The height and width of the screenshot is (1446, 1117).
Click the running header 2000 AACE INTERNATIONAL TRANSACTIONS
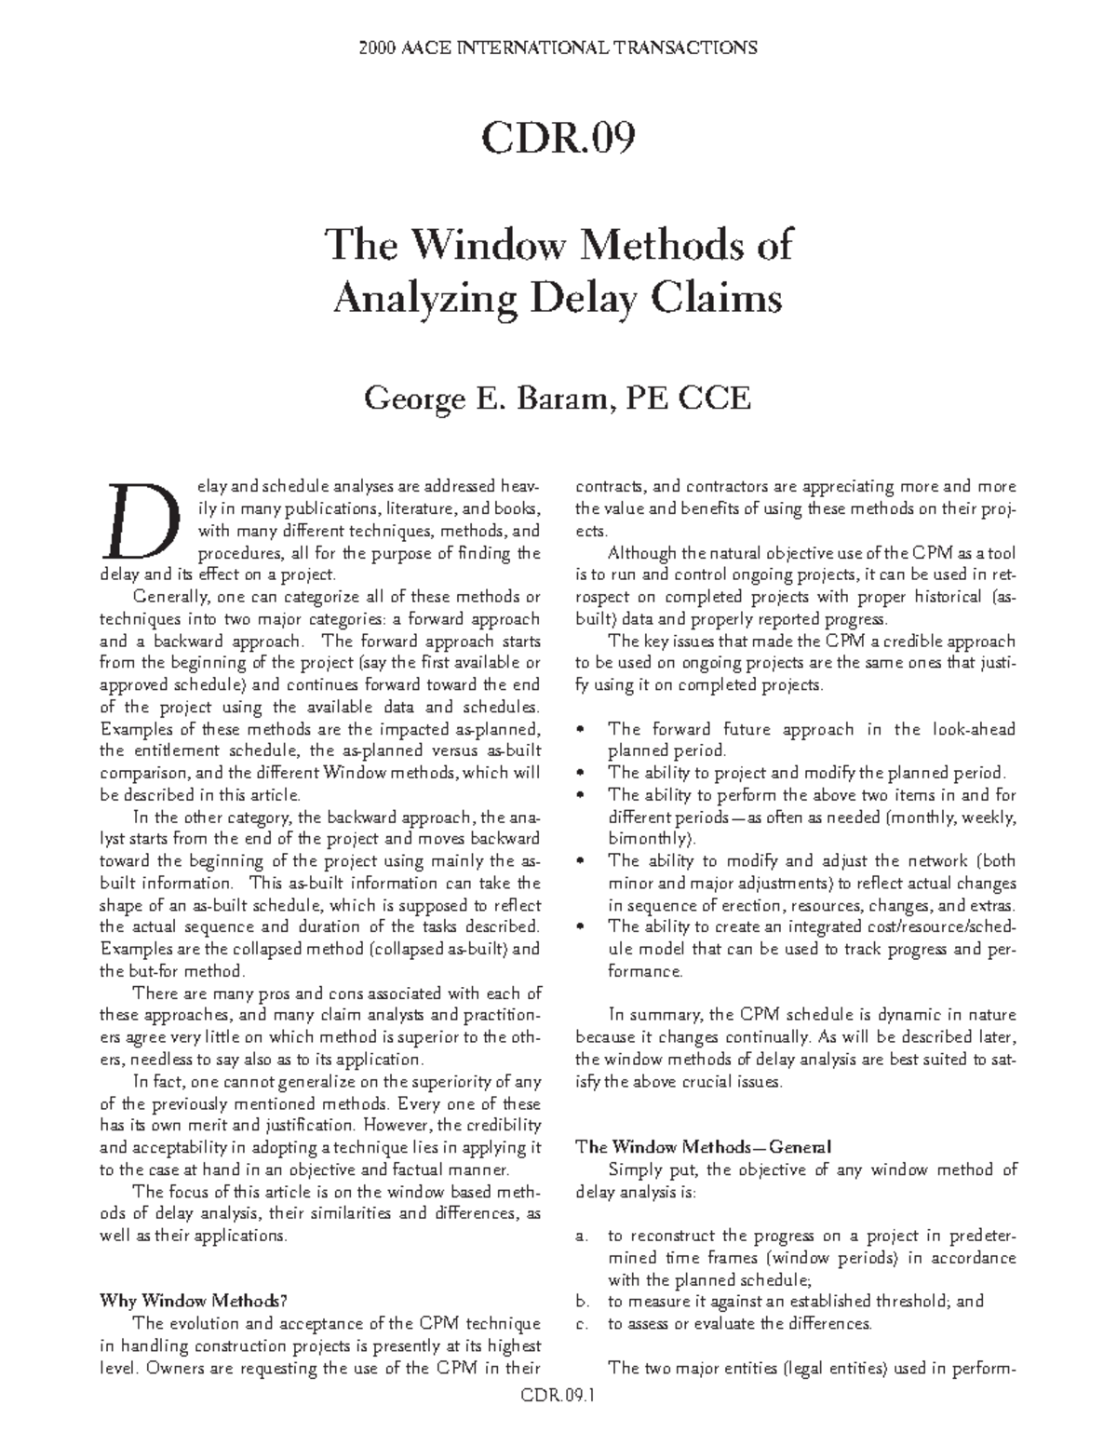coord(558,47)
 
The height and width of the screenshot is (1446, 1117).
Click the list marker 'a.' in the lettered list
coord(583,1237)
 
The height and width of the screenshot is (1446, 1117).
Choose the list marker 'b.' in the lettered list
coord(583,1302)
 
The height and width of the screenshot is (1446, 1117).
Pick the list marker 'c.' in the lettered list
coord(583,1324)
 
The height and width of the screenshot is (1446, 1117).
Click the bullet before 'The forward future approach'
coord(582,729)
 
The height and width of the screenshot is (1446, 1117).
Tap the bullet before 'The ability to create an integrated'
coord(582,926)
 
